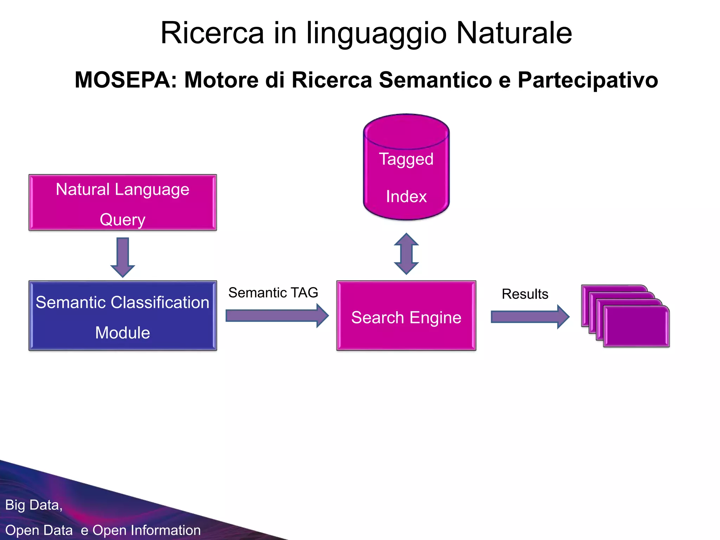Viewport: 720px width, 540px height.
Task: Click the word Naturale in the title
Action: (x=514, y=33)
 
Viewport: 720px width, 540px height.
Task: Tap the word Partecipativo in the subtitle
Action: (x=587, y=80)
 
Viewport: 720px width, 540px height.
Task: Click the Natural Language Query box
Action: (x=122, y=203)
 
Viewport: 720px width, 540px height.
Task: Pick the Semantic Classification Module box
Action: (x=122, y=316)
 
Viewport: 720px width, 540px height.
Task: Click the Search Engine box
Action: (x=406, y=316)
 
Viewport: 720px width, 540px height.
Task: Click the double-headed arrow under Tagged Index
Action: (x=406, y=253)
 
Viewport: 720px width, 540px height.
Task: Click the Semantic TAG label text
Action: (x=273, y=293)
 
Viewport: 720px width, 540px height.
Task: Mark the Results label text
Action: (x=525, y=294)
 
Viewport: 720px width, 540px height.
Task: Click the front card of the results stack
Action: (x=636, y=327)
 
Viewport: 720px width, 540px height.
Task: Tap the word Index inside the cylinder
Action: (x=406, y=197)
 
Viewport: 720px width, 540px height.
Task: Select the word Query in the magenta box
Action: (x=122, y=220)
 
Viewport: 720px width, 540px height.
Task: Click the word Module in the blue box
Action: (x=122, y=333)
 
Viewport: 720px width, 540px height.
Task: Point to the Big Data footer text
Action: (x=34, y=505)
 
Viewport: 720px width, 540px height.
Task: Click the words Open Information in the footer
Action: (x=147, y=530)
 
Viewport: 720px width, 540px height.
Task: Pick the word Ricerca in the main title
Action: (x=212, y=33)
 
